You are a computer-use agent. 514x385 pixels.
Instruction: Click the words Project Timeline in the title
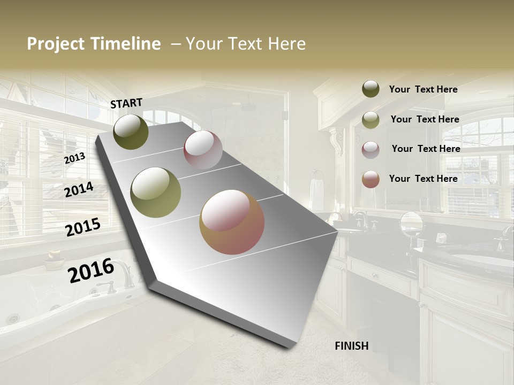[94, 44]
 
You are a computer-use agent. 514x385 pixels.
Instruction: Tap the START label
[126, 103]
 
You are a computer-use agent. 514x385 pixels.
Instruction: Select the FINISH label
[352, 345]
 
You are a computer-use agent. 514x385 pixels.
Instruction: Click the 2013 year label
[74, 158]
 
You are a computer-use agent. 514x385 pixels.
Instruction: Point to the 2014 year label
[79, 189]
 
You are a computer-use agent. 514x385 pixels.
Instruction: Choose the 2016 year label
[91, 270]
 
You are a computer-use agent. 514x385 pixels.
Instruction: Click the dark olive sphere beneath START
[131, 132]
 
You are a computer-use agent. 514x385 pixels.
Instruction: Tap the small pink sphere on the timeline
[203, 150]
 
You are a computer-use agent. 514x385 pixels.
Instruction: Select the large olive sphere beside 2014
[156, 192]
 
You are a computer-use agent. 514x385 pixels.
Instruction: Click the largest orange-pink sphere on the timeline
[232, 222]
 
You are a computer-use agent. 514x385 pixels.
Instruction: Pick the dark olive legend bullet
[371, 89]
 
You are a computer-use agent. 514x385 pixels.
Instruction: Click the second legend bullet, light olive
[371, 120]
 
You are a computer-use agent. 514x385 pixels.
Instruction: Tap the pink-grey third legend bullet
[371, 149]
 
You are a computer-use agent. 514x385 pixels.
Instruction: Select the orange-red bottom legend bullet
[371, 179]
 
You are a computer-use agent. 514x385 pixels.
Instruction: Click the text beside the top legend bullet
[423, 89]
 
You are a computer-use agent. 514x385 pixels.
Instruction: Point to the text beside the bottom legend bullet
[423, 179]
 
